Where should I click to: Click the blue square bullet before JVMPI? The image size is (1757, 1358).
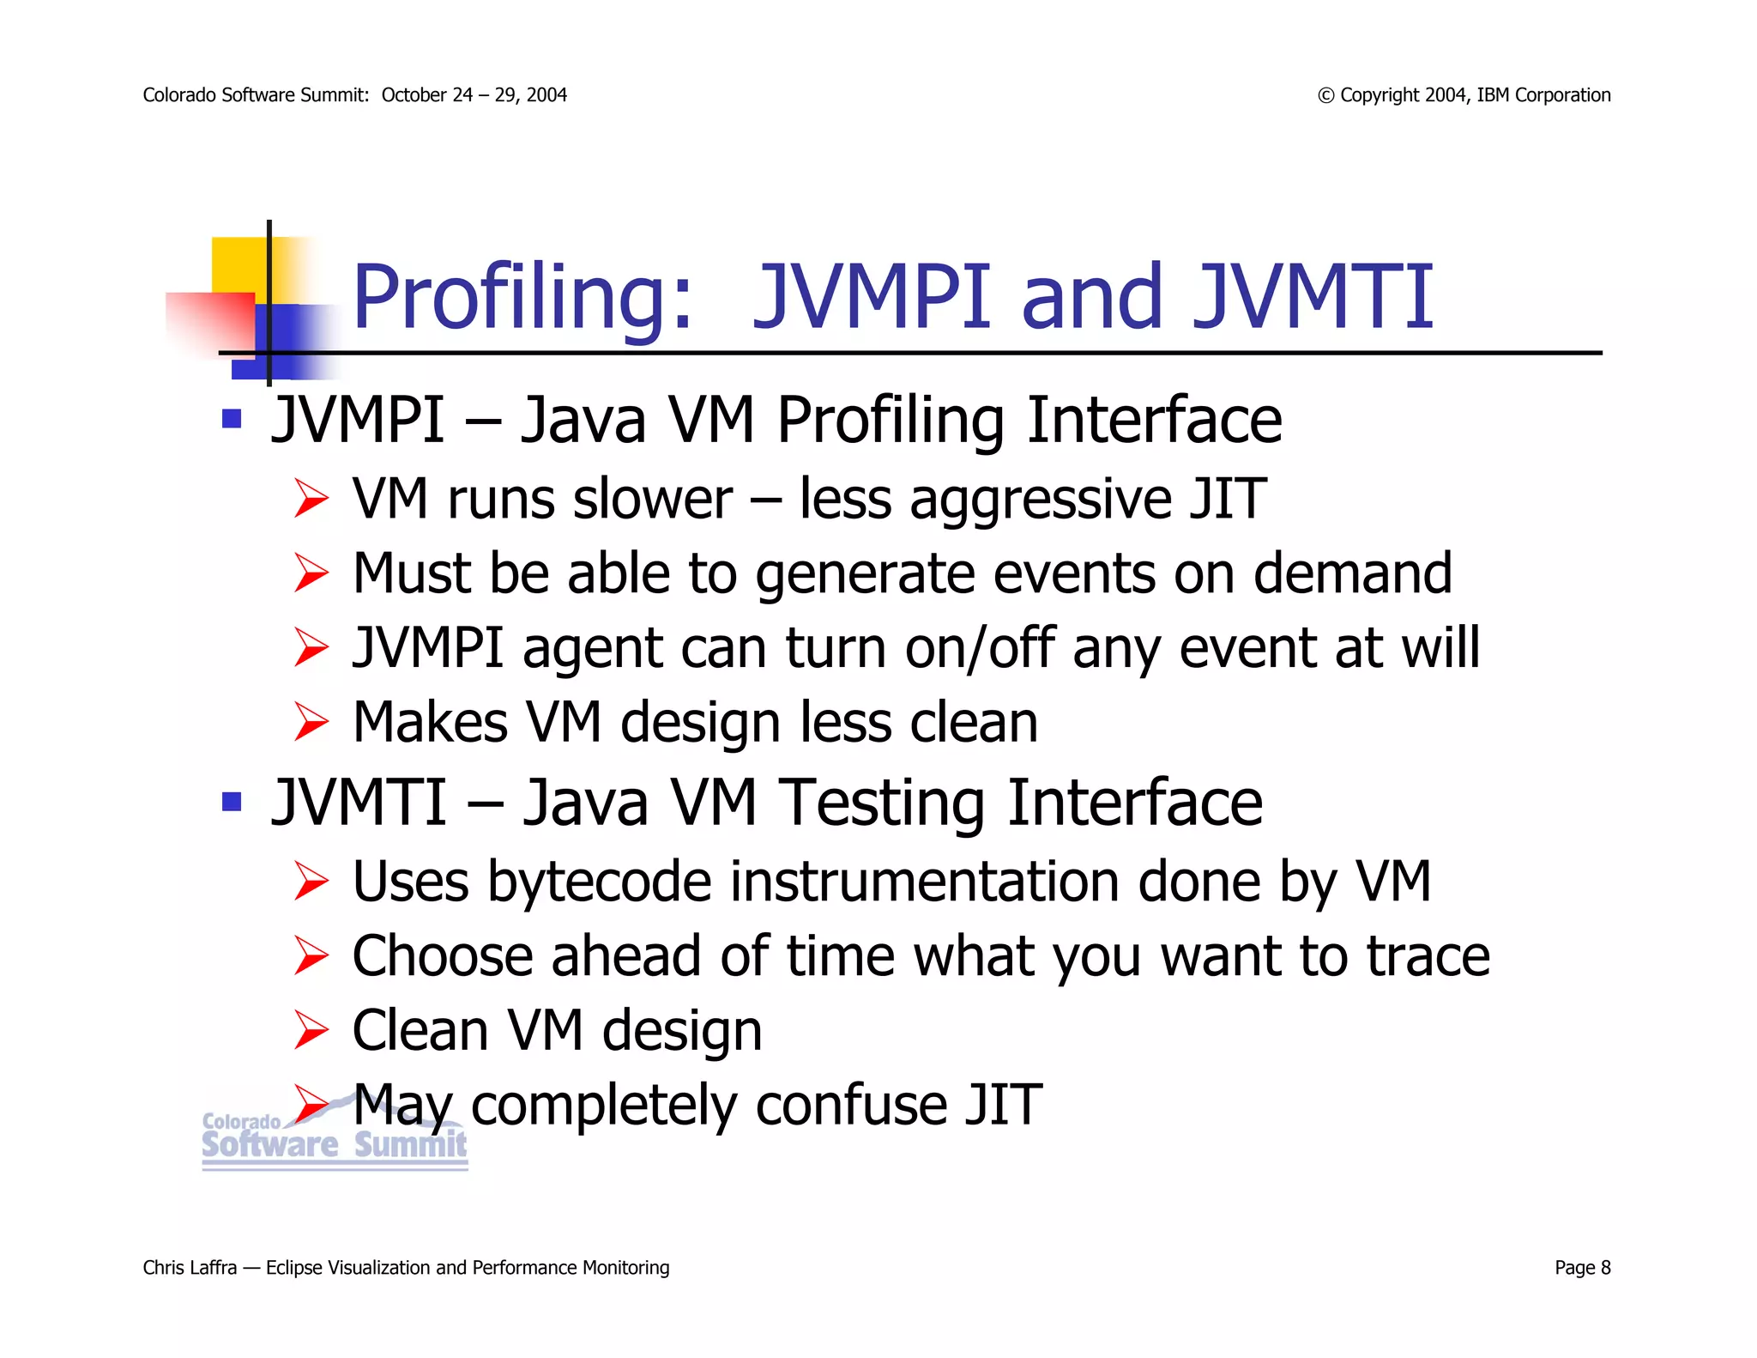231,419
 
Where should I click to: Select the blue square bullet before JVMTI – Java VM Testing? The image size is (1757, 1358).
231,802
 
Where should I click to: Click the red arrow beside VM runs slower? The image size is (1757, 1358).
311,499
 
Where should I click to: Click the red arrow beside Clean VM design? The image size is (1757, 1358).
311,1030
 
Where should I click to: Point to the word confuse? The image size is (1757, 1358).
849,1105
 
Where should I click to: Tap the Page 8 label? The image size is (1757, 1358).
1582,1268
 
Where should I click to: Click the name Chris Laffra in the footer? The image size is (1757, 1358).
190,1268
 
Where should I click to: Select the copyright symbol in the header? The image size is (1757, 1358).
1325,95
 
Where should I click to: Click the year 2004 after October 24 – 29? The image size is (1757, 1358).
546,95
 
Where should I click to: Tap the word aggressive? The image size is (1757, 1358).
1039,499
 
